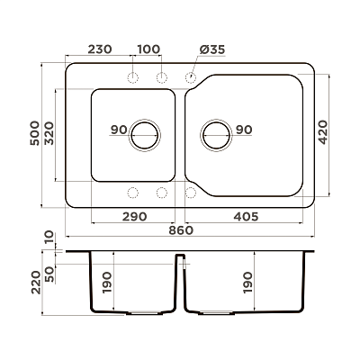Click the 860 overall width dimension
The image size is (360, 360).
(181, 230)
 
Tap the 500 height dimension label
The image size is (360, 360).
(35, 133)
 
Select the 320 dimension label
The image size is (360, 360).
(49, 133)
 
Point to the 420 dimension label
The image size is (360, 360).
(323, 132)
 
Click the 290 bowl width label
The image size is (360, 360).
(134, 216)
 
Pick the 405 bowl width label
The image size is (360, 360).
(246, 216)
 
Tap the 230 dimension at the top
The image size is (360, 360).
(100, 49)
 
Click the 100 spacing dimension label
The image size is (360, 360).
(148, 49)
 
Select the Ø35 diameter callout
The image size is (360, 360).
(212, 49)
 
